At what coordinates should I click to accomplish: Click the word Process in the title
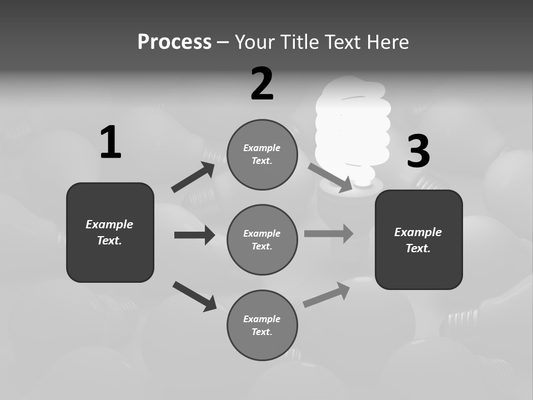point(174,42)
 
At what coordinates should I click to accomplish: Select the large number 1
point(110,143)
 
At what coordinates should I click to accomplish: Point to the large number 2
point(262,84)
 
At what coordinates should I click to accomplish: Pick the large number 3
point(418,151)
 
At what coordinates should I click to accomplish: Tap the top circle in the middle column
point(262,154)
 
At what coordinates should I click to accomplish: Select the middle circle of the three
point(262,239)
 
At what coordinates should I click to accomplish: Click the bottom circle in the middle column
point(262,326)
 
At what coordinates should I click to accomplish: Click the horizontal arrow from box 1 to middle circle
point(194,235)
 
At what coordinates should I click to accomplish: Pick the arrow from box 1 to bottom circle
point(195,296)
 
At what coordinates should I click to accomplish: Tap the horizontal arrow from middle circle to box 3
point(328,233)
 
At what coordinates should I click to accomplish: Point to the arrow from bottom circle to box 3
point(326,295)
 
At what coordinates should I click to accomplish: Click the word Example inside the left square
point(109,224)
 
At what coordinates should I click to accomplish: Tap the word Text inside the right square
point(418,248)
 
